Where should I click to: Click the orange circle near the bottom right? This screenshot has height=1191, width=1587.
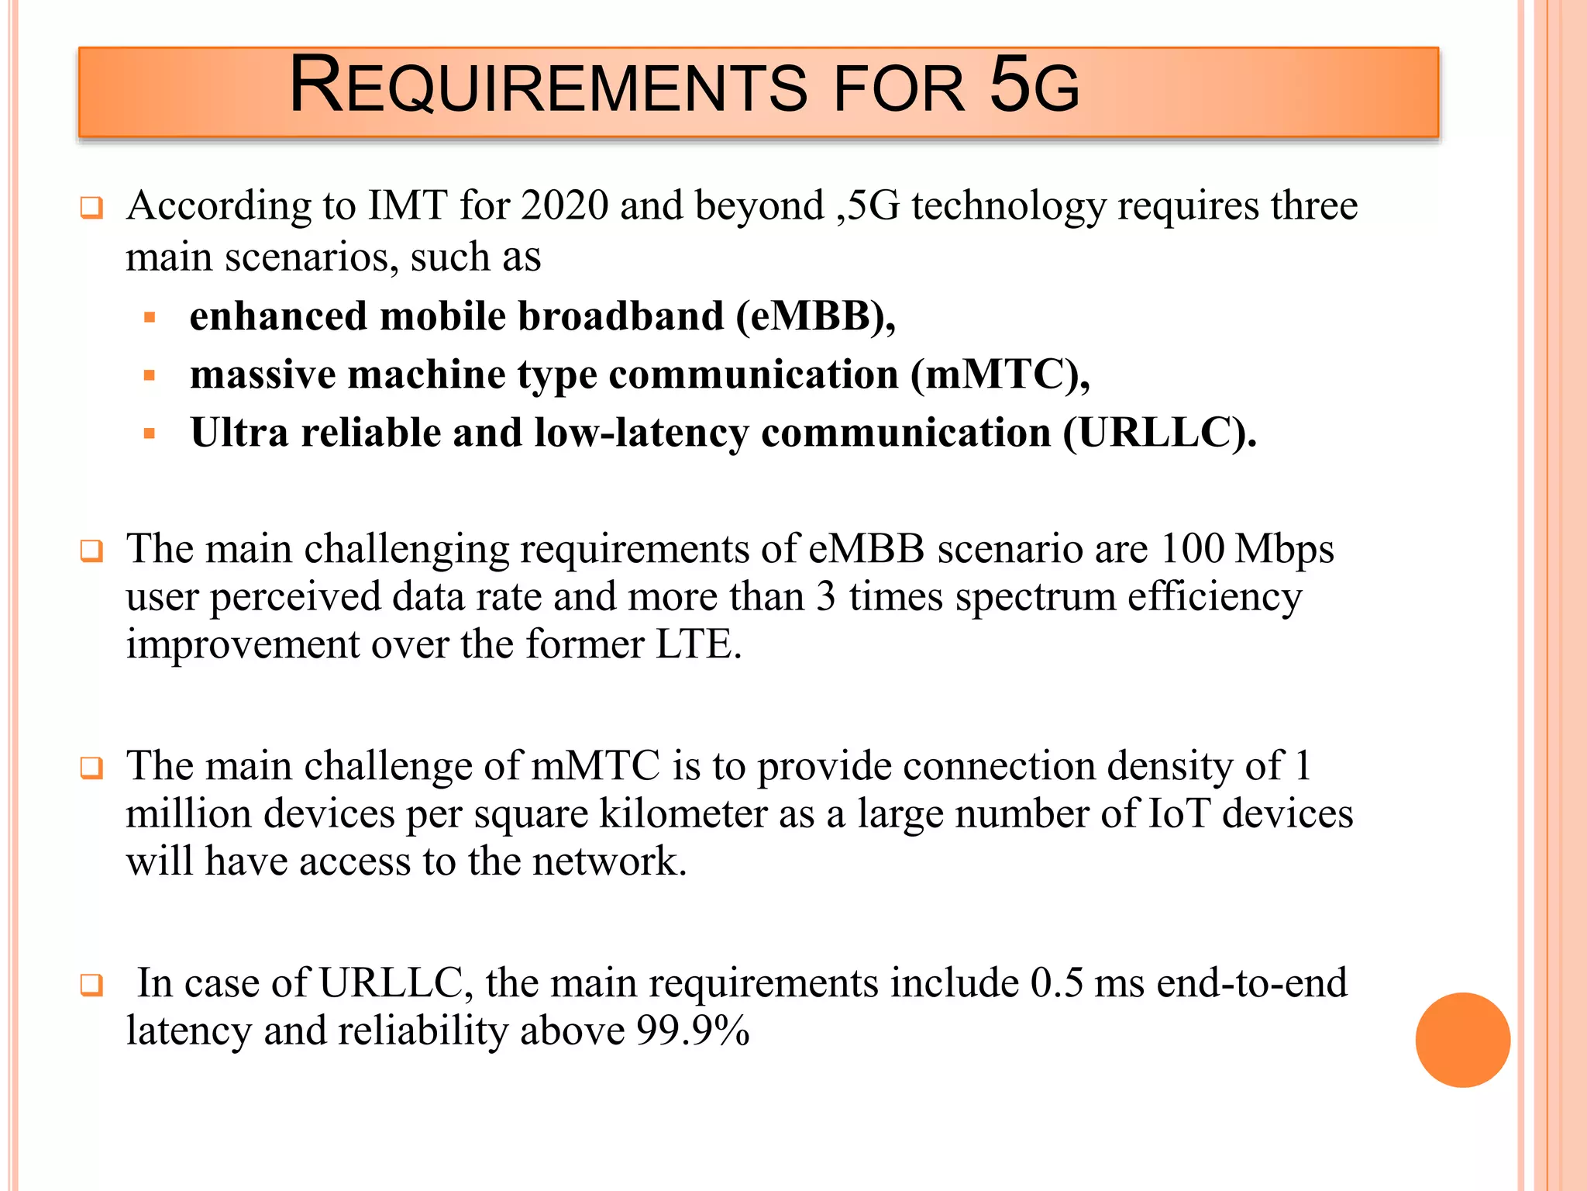coord(1462,1040)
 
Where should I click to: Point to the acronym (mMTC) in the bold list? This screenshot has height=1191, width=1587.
coord(1000,375)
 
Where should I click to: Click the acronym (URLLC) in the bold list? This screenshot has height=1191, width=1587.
coord(1159,433)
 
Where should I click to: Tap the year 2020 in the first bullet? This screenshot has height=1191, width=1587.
coord(565,206)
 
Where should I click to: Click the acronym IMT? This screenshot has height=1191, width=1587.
coord(408,206)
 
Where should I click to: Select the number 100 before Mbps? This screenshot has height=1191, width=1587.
coord(1193,549)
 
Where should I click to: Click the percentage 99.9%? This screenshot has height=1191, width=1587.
coord(693,1031)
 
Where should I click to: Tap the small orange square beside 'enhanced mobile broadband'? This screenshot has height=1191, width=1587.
coord(150,317)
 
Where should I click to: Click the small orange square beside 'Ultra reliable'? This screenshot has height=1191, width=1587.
coord(150,433)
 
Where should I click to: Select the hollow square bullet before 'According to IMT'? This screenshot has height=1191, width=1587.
coord(91,208)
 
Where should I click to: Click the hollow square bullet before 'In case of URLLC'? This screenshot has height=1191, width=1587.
coord(91,985)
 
